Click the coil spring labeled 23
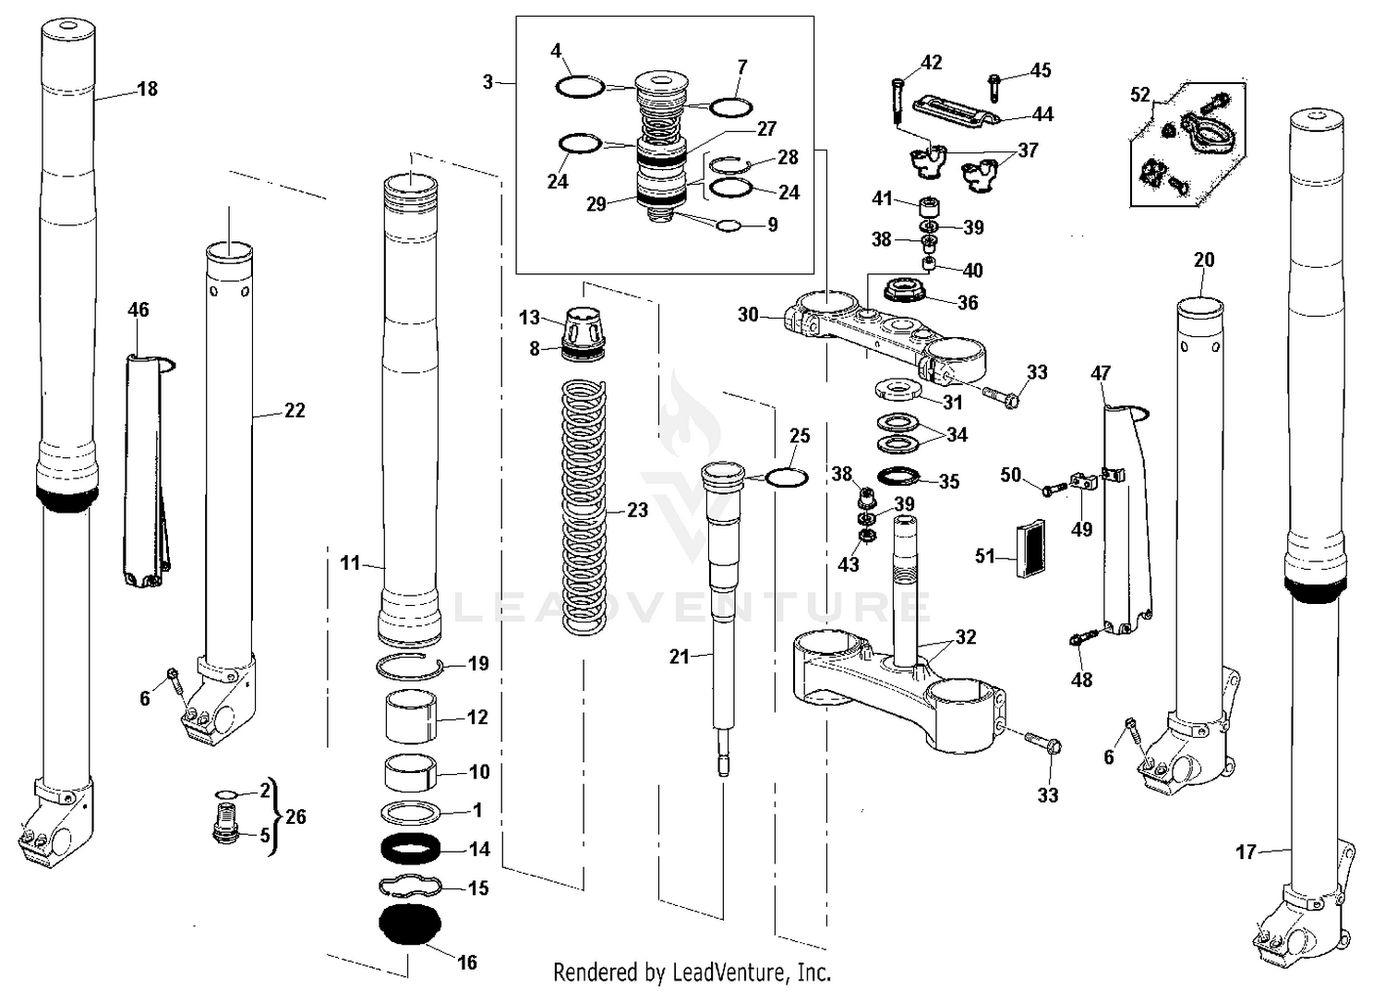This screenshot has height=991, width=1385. coord(584,508)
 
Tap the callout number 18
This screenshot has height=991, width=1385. coord(147,89)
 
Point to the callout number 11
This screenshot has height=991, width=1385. coord(349,562)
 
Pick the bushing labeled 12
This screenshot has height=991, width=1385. coord(410,718)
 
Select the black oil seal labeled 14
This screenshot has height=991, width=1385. coord(410,848)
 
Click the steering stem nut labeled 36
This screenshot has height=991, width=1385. coord(906,292)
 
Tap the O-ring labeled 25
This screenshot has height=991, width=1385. coord(787,477)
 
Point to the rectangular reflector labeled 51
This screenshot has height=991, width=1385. coord(1030,549)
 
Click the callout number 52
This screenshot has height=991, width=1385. coord(1140,94)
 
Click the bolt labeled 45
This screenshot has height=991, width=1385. coord(994,85)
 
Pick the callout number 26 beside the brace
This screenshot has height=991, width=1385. coord(295,816)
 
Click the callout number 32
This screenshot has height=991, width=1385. coord(966,637)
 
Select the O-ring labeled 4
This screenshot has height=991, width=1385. coord(580,88)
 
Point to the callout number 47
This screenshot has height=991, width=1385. coord(1101,373)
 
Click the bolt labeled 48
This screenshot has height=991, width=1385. coord(1082,638)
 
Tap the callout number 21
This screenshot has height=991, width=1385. coord(679,657)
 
